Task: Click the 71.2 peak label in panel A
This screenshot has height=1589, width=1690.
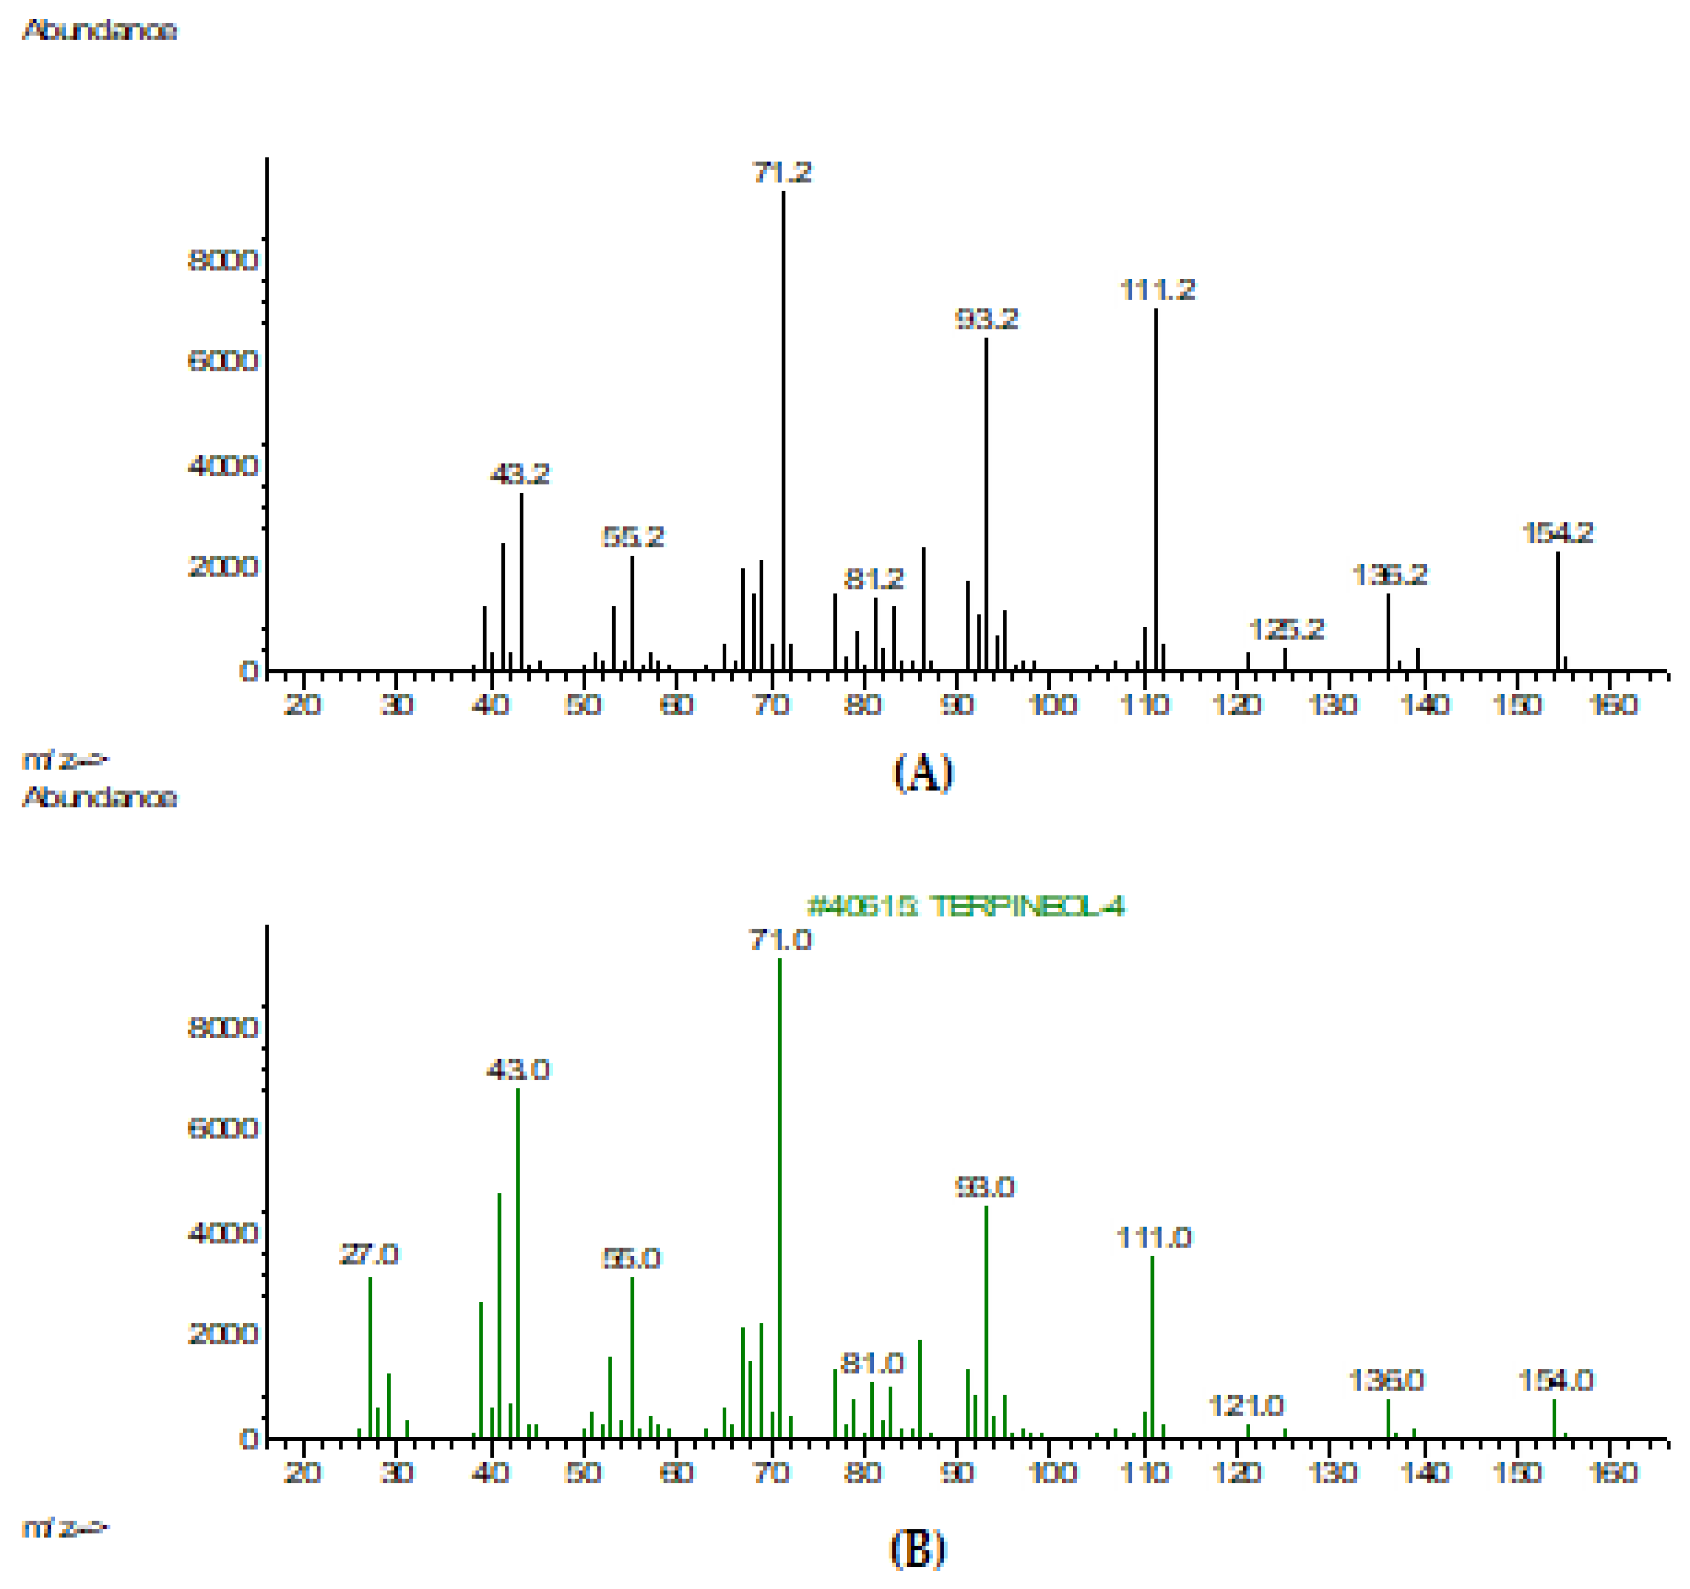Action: pyautogui.click(x=781, y=173)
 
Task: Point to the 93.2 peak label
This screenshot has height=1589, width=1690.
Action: pyautogui.click(x=986, y=320)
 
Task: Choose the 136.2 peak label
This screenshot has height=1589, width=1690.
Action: pyautogui.click(x=1389, y=575)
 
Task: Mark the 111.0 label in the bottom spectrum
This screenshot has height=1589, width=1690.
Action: pyautogui.click(x=1153, y=1238)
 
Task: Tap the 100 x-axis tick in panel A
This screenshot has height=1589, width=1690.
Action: pyautogui.click(x=1051, y=704)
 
